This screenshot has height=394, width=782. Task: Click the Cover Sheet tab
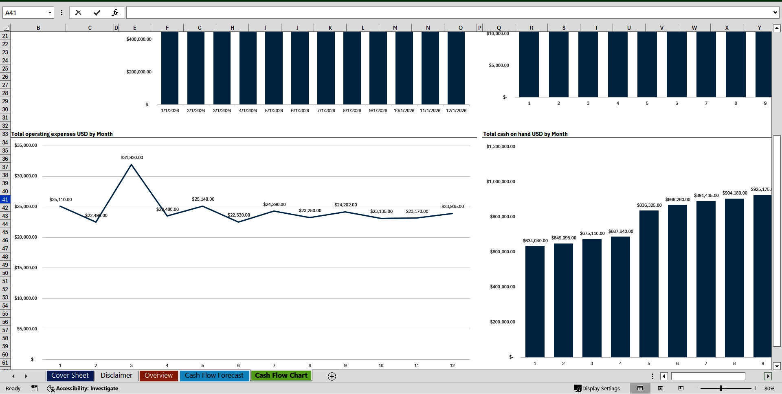tap(70, 376)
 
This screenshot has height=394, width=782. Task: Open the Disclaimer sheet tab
tap(116, 376)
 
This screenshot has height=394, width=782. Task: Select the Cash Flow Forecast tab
tap(214, 376)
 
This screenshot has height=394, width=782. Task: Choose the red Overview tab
tap(158, 376)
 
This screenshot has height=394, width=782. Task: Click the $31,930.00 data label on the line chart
tap(132, 157)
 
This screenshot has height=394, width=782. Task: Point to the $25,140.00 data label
tap(203, 199)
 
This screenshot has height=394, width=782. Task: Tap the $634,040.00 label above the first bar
tap(535, 241)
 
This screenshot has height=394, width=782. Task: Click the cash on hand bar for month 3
tap(592, 298)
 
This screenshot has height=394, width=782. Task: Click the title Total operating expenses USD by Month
tap(62, 134)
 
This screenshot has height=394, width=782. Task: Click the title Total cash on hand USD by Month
tap(525, 134)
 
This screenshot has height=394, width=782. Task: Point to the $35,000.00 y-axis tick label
tap(26, 145)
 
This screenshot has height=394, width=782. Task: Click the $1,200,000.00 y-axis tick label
tap(501, 146)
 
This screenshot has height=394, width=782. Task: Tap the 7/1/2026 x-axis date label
tap(326, 111)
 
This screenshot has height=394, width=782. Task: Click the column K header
tap(330, 28)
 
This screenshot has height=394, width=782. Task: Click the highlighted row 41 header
tap(5, 199)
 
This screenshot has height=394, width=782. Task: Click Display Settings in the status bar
tap(597, 388)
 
